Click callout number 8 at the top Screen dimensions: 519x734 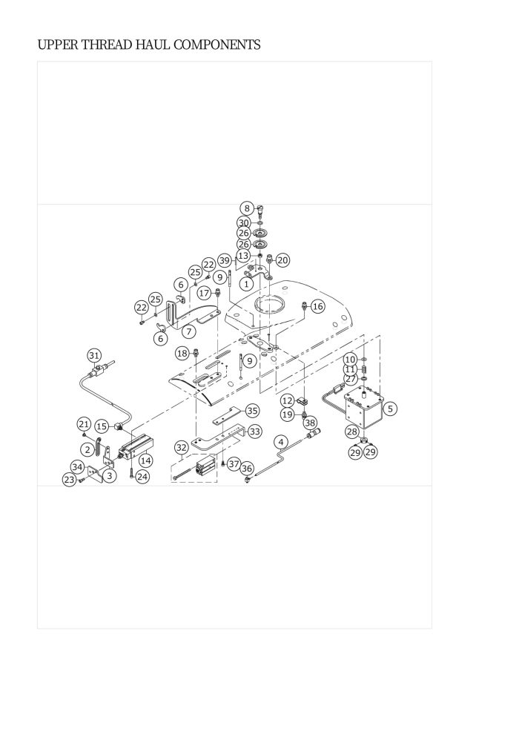point(247,208)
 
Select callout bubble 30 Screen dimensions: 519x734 point(243,223)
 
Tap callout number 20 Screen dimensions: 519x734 point(282,260)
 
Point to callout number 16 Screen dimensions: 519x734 point(318,307)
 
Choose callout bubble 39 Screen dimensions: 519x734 point(225,261)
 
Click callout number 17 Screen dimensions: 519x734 point(204,293)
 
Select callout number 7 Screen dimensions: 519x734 point(188,332)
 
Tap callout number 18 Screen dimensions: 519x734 point(182,354)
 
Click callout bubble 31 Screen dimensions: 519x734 point(94,355)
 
